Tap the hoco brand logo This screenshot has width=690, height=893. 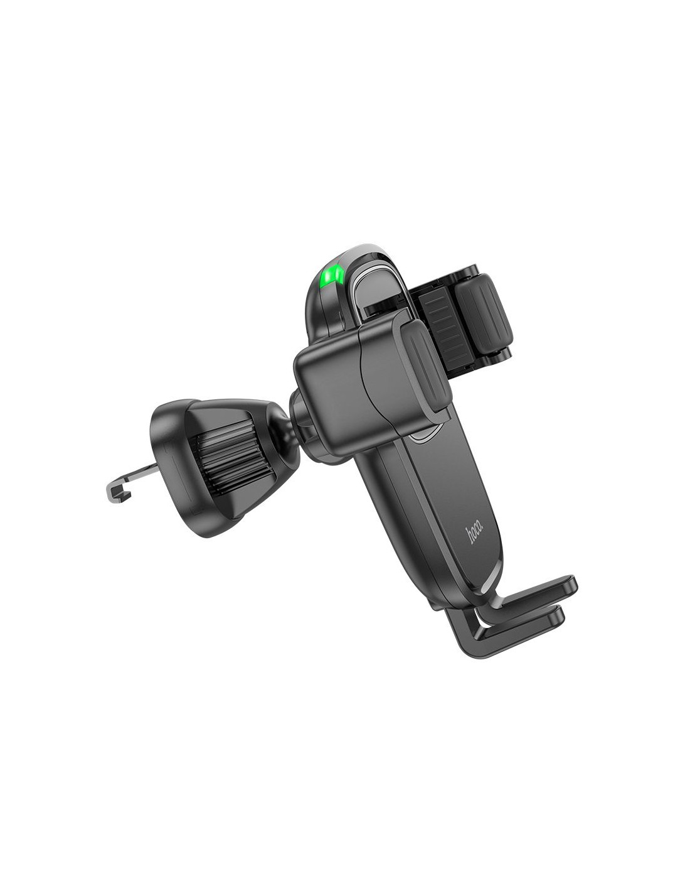tap(475, 534)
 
